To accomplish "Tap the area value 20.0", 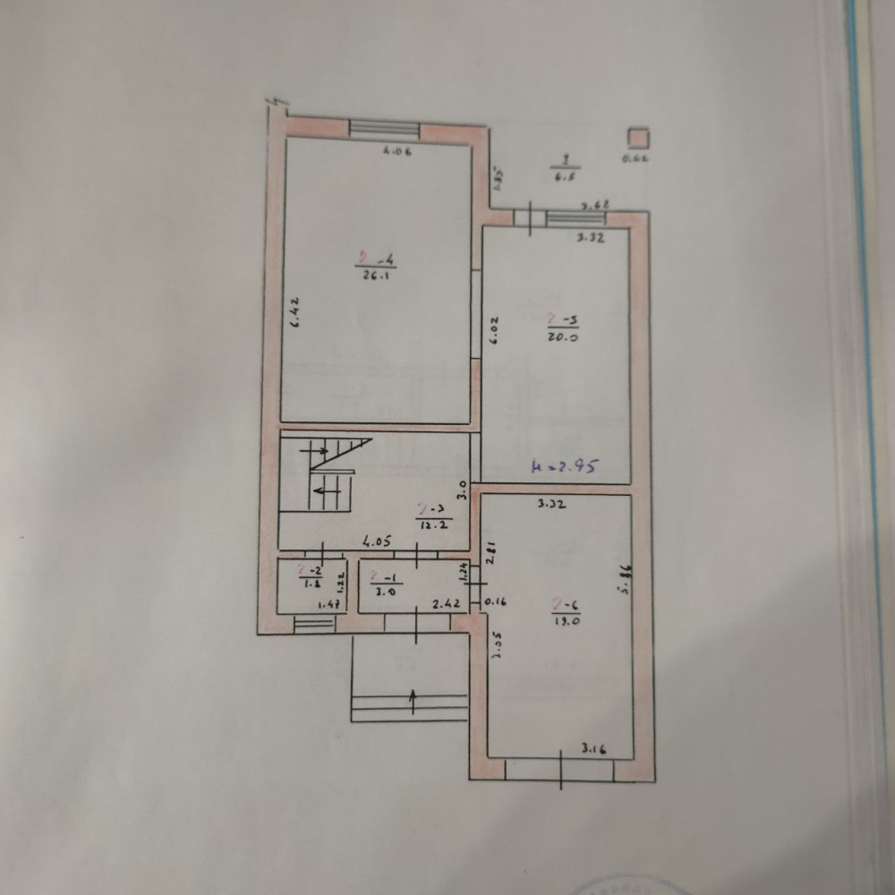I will [566, 338].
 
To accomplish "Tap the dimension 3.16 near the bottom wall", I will [594, 748].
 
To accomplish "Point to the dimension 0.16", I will [495, 602].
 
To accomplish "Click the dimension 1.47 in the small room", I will [330, 606].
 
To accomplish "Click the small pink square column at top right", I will [637, 137].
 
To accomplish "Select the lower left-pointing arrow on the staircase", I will [325, 491].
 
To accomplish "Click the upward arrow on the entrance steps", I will [412, 700].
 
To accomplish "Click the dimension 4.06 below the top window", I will [396, 152].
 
